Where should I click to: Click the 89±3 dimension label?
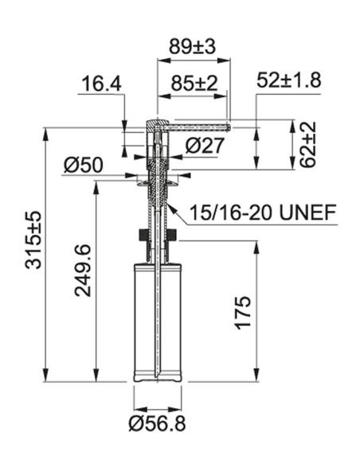click(x=192, y=46)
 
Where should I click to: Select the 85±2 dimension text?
click(x=194, y=84)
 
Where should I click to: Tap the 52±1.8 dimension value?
click(x=288, y=80)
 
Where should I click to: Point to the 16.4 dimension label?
click(x=101, y=84)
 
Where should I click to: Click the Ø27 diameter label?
click(x=205, y=146)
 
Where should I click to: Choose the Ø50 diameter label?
click(x=84, y=165)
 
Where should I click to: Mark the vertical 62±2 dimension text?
click(x=307, y=144)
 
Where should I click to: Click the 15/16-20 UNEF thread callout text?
click(x=263, y=212)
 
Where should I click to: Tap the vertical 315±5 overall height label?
click(x=33, y=240)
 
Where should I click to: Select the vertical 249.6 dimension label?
click(x=82, y=271)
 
